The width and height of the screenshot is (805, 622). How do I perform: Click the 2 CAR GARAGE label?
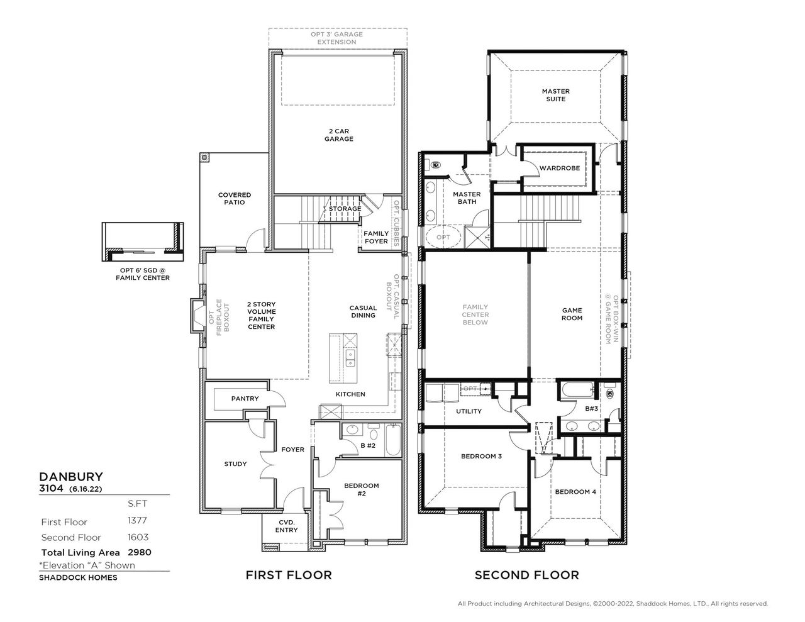point(338,135)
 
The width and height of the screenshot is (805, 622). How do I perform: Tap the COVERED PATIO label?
point(235,199)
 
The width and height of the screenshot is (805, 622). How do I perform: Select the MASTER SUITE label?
point(556,95)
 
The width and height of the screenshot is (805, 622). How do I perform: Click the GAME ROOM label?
point(572,314)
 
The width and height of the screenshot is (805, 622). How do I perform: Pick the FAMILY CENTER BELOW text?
point(475,314)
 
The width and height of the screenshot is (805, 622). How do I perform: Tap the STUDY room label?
point(235,464)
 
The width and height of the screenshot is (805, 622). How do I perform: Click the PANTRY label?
point(245,399)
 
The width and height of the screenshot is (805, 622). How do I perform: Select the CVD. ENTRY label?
point(286,526)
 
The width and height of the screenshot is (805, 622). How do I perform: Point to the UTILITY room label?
point(469,411)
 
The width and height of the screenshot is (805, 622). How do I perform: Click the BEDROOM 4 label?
point(575,492)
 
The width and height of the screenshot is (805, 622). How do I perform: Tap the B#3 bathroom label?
point(592,409)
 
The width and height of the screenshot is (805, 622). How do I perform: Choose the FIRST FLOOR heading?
point(288,575)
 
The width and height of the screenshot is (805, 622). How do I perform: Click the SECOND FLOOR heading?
point(526,575)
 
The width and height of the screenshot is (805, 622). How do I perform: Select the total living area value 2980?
point(139,553)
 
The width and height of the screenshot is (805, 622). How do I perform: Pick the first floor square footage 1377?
point(137,521)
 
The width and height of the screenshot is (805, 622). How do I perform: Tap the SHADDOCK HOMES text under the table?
point(78,577)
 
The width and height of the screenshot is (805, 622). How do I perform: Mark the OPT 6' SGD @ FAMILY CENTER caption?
point(142,274)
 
